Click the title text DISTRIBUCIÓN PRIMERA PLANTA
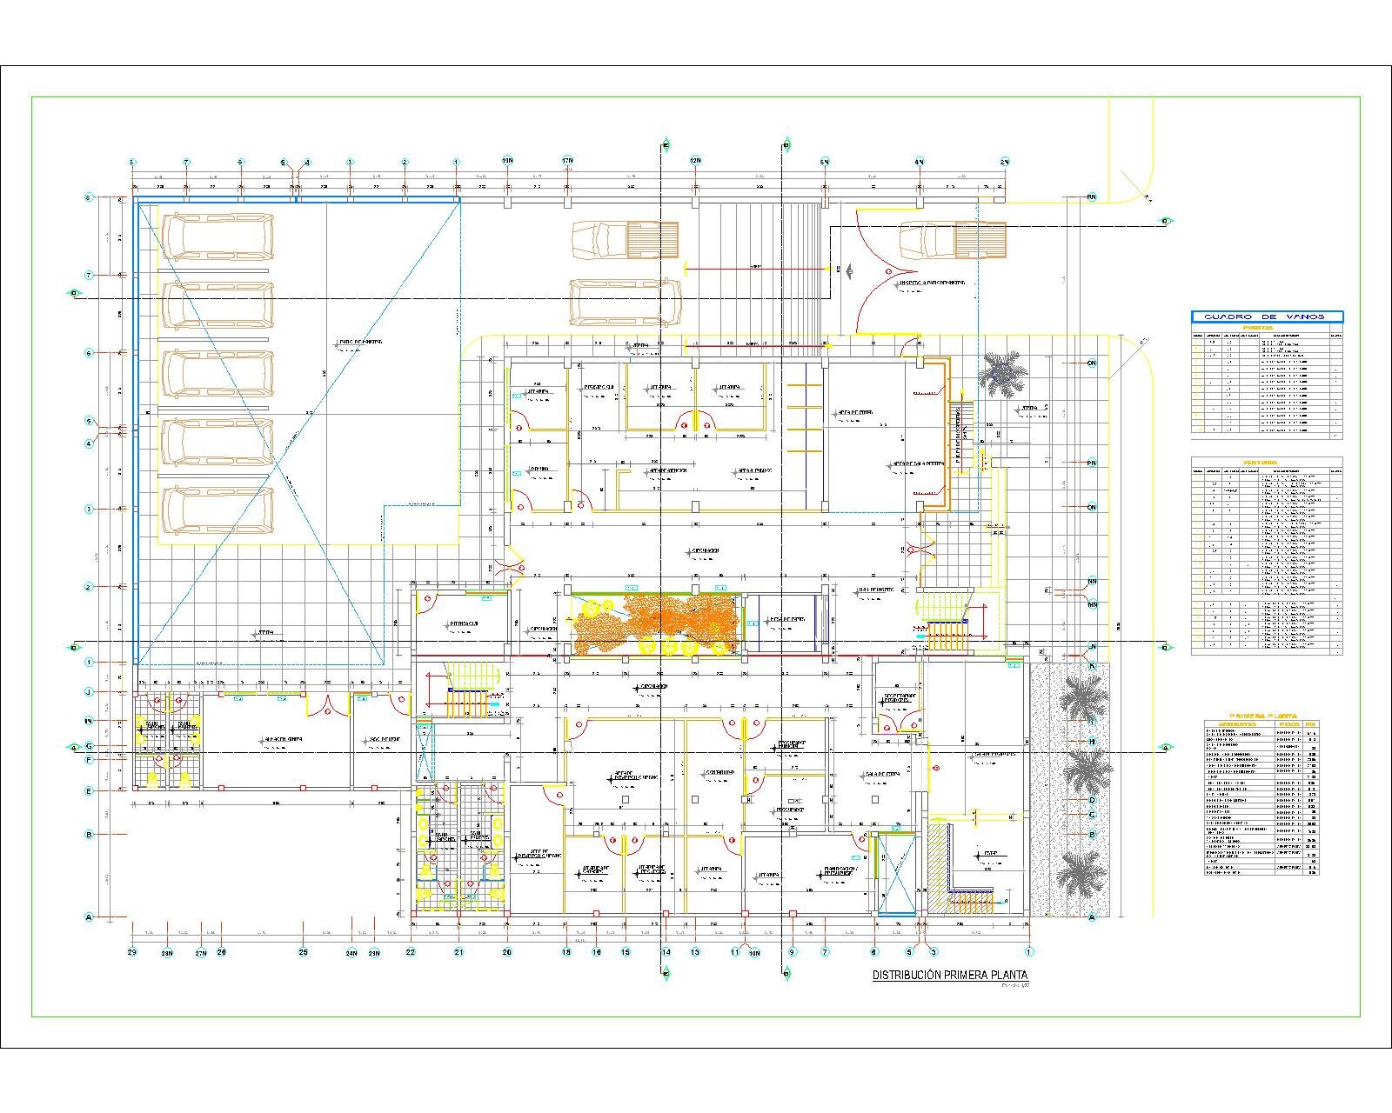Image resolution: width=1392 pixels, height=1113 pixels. point(950,976)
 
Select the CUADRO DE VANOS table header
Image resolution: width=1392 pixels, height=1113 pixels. point(1267,317)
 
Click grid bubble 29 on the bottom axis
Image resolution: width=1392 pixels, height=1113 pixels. point(132,952)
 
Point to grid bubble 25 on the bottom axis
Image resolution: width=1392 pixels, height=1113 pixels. point(304,952)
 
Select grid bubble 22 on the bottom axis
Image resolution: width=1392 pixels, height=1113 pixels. point(411,952)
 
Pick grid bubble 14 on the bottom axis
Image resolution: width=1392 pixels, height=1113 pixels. point(666,952)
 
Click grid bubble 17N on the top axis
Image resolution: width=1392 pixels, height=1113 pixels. point(566,162)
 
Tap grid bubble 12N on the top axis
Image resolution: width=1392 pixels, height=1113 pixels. point(695,162)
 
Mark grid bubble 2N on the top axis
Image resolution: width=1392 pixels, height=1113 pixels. point(1004,162)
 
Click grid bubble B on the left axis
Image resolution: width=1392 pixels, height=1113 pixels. point(89,835)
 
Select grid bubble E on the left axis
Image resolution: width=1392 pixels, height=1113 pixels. point(89,791)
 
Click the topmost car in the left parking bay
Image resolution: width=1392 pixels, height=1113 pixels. point(217,237)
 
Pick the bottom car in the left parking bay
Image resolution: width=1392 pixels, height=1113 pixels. point(217,510)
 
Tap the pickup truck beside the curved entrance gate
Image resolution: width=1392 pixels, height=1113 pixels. point(953,241)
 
